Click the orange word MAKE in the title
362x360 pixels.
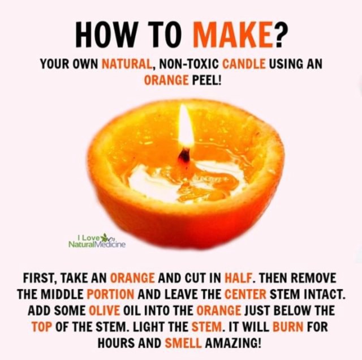231,35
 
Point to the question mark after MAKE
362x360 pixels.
279,35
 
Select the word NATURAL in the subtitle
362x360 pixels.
127,64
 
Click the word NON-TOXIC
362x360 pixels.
188,64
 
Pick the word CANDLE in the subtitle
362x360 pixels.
244,64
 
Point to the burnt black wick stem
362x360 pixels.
185,156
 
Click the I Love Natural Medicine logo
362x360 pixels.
97,241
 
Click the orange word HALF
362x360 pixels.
238,278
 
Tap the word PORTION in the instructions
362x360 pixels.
110,294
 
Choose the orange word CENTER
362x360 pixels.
245,294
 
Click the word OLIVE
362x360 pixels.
104,310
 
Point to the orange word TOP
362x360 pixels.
42,327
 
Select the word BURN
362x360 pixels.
288,327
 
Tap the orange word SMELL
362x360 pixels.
183,343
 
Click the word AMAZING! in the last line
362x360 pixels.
234,343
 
